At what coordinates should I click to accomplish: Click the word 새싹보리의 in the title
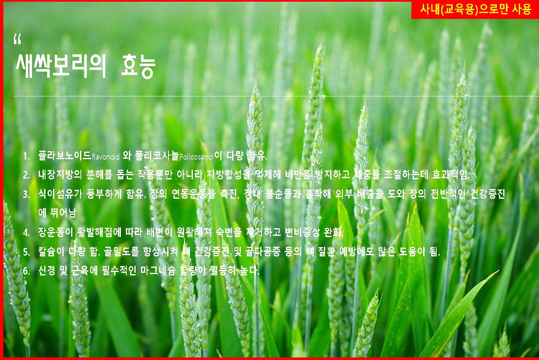61,66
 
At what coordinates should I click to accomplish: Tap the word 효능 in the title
138,67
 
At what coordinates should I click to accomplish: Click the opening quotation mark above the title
18,39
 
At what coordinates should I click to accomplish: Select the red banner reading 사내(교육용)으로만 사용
475,10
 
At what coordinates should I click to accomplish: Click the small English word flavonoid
106,157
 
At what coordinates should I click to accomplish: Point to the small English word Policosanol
196,157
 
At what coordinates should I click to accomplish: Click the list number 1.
27,156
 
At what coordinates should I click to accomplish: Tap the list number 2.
27,175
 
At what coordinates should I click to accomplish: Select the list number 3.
27,194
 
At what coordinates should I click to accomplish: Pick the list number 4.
27,233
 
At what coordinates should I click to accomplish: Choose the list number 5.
27,252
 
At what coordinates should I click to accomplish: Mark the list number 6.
27,271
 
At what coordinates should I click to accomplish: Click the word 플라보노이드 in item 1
64,156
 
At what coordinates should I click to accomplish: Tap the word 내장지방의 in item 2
60,175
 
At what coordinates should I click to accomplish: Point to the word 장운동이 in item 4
56,232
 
